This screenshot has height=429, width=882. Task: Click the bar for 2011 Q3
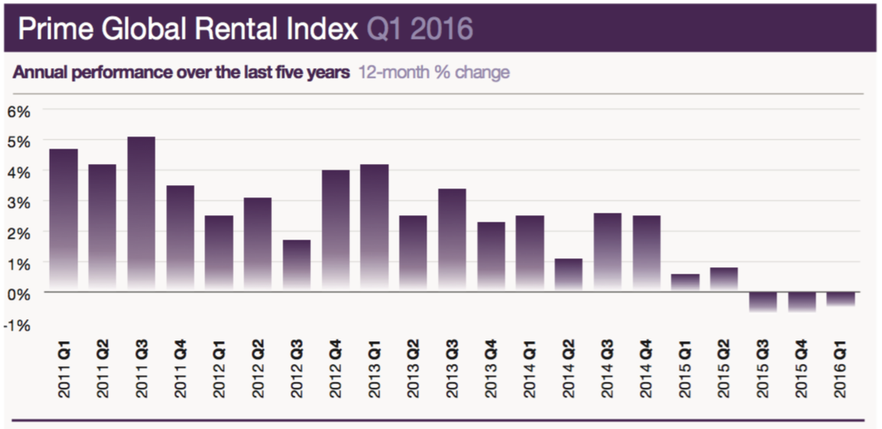pyautogui.click(x=142, y=214)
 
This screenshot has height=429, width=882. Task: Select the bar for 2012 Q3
pyautogui.click(x=296, y=266)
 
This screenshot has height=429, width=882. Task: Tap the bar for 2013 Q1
pyautogui.click(x=373, y=227)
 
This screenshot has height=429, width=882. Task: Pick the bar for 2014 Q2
pyautogui.click(x=568, y=275)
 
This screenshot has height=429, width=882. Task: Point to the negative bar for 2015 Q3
pyautogui.click(x=762, y=301)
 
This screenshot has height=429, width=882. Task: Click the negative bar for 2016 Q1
pyautogui.click(x=840, y=298)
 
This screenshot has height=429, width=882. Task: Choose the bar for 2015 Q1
pyautogui.click(x=685, y=283)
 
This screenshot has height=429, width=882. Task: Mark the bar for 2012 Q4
pyautogui.click(x=335, y=230)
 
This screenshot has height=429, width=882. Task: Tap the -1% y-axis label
pyautogui.click(x=18, y=324)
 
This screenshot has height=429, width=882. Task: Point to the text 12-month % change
pyautogui.click(x=434, y=72)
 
